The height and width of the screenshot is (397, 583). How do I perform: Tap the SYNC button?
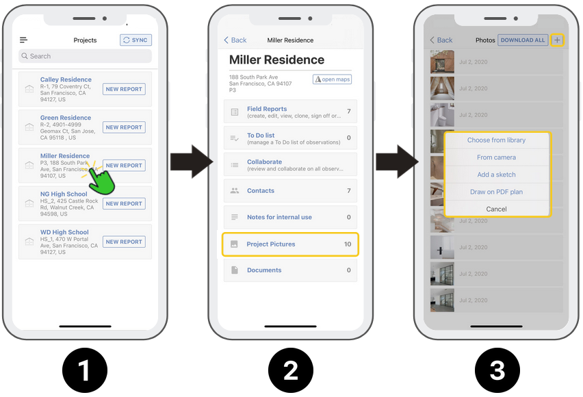tap(135, 40)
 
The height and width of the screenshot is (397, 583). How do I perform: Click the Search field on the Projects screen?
tap(85, 56)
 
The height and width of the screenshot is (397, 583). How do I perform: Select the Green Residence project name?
tap(66, 118)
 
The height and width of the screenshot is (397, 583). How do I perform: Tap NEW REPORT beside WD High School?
tap(124, 242)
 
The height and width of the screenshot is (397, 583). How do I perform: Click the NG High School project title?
tap(64, 194)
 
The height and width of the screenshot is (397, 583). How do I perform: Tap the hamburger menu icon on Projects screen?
tap(23, 40)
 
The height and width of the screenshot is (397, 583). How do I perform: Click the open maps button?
tap(332, 79)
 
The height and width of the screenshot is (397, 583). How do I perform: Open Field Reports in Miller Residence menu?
tap(267, 109)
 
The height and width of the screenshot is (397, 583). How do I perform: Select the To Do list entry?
tap(261, 136)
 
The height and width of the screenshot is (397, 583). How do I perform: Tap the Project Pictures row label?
tap(271, 244)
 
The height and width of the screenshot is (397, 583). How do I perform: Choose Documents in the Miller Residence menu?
tap(264, 270)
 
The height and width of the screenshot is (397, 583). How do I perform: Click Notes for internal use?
tap(279, 217)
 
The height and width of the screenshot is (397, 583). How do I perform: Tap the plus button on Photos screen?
tap(557, 40)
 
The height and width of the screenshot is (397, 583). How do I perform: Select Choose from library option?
tap(496, 140)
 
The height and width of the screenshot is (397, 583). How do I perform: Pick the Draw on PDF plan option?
tap(496, 192)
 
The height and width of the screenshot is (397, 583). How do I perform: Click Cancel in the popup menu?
tap(496, 209)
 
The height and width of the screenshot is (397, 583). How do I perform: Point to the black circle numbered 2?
tap(291, 370)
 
